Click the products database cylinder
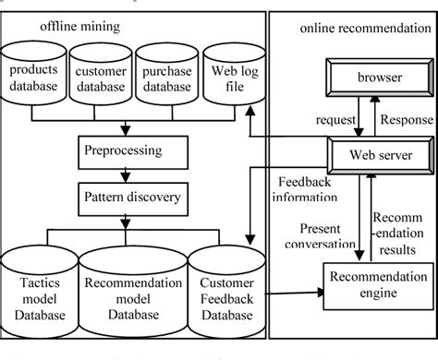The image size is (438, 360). tap(33, 78)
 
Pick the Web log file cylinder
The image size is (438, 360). tap(226, 78)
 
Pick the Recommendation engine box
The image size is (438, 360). tap(375, 285)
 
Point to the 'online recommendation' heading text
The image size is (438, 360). tap(364, 29)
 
